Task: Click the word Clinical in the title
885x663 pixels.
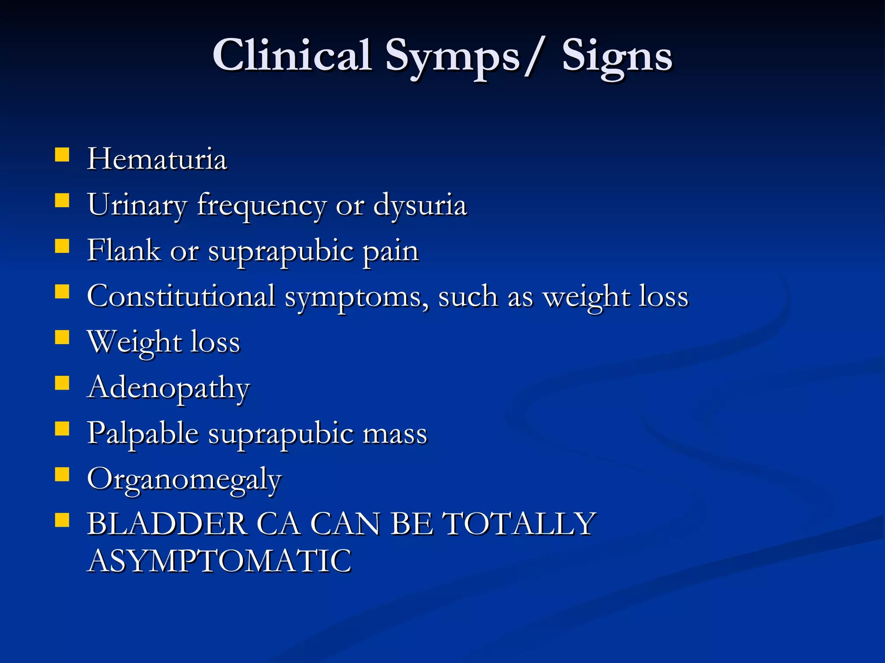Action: pos(292,56)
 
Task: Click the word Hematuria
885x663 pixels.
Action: pos(157,159)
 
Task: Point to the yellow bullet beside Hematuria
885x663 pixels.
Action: pos(62,155)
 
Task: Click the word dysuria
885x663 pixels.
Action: pos(420,205)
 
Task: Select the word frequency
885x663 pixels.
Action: pos(261,206)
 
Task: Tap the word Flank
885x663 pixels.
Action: pos(124,250)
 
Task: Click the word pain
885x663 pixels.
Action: pos(391,252)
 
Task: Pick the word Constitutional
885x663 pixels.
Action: pos(181,297)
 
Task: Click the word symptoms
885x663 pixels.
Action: pos(357,298)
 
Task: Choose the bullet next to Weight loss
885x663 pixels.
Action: pos(62,337)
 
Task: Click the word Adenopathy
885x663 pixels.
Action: pos(169,388)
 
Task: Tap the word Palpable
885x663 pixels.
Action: pos(143,433)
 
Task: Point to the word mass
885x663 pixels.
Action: pos(395,434)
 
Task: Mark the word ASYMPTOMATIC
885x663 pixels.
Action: pos(220,561)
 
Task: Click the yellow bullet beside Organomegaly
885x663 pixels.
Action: pos(62,474)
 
